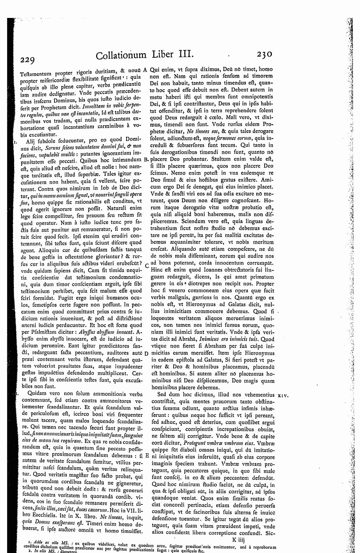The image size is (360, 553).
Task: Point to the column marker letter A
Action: tap(145, 70)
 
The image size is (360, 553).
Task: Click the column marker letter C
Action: tap(146, 266)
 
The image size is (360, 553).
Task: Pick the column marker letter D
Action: tap(146, 353)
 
